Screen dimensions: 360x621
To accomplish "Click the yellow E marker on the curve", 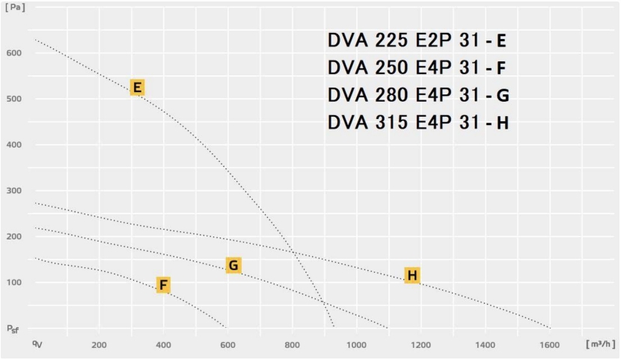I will (137, 88).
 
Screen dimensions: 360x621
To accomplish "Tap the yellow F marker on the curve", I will (163, 284).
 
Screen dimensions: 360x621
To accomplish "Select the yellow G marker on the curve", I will (233, 265).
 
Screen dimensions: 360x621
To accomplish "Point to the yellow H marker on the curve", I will (412, 275).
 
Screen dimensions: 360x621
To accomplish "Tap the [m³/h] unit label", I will (601, 344).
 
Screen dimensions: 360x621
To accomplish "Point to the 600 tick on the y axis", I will (14, 53).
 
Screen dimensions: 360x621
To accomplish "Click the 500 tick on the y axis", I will (14, 99).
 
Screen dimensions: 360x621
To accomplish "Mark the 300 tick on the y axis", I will (14, 191).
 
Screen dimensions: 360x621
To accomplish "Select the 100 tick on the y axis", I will (14, 282).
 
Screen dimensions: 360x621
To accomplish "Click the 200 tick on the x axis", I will (99, 344).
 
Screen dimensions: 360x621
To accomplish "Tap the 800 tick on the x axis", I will (292, 344).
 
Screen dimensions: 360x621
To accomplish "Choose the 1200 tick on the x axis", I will (421, 344).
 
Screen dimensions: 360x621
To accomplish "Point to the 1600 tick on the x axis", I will (550, 344).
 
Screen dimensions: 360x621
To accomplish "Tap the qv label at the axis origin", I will (35, 344).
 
